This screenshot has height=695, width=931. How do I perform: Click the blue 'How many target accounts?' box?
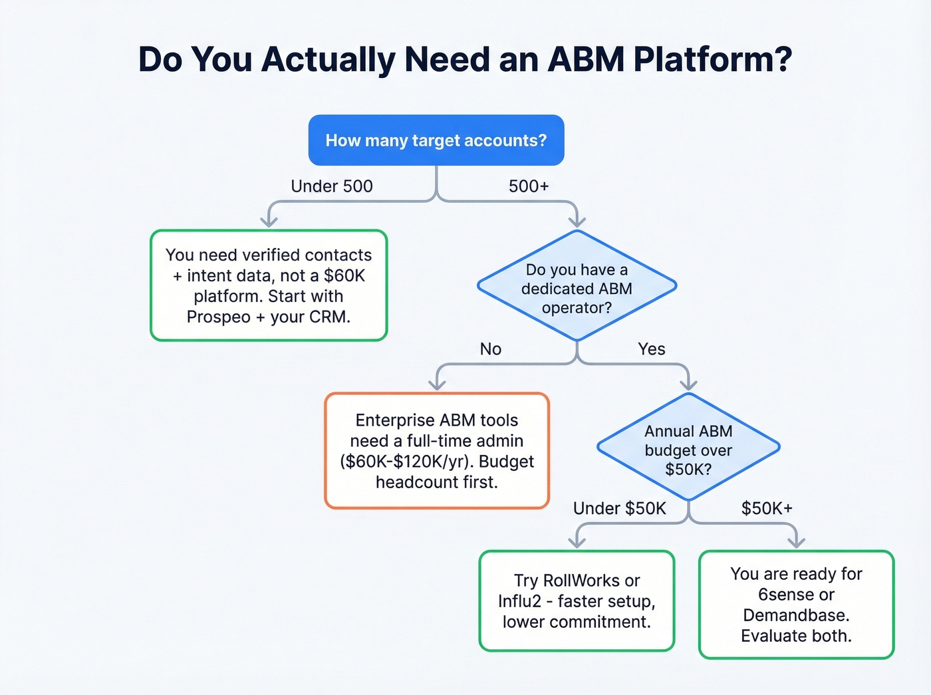pyautogui.click(x=436, y=140)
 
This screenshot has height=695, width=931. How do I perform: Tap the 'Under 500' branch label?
pyautogui.click(x=331, y=186)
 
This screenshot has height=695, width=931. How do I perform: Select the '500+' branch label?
pyautogui.click(x=529, y=186)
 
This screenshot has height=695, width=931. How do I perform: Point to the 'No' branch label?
pyautogui.click(x=490, y=349)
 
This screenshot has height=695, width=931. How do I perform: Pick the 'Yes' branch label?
pyautogui.click(x=651, y=349)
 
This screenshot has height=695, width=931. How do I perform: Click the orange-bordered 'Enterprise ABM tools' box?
pyautogui.click(x=437, y=451)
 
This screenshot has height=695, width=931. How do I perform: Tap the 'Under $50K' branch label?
pyautogui.click(x=619, y=509)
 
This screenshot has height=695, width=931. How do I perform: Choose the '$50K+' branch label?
pyautogui.click(x=767, y=509)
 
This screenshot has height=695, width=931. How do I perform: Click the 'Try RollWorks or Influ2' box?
pyautogui.click(x=577, y=601)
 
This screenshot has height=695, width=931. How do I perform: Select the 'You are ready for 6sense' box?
pyautogui.click(x=796, y=605)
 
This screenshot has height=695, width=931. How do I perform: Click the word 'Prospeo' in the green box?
pyautogui.click(x=218, y=317)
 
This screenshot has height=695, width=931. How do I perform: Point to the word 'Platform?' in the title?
pyautogui.click(x=712, y=59)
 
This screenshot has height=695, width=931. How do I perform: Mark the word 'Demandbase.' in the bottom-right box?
pyautogui.click(x=796, y=615)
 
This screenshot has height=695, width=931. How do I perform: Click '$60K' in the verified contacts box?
pyautogui.click(x=344, y=276)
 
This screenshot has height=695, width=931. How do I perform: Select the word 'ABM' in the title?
pyautogui.click(x=586, y=59)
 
